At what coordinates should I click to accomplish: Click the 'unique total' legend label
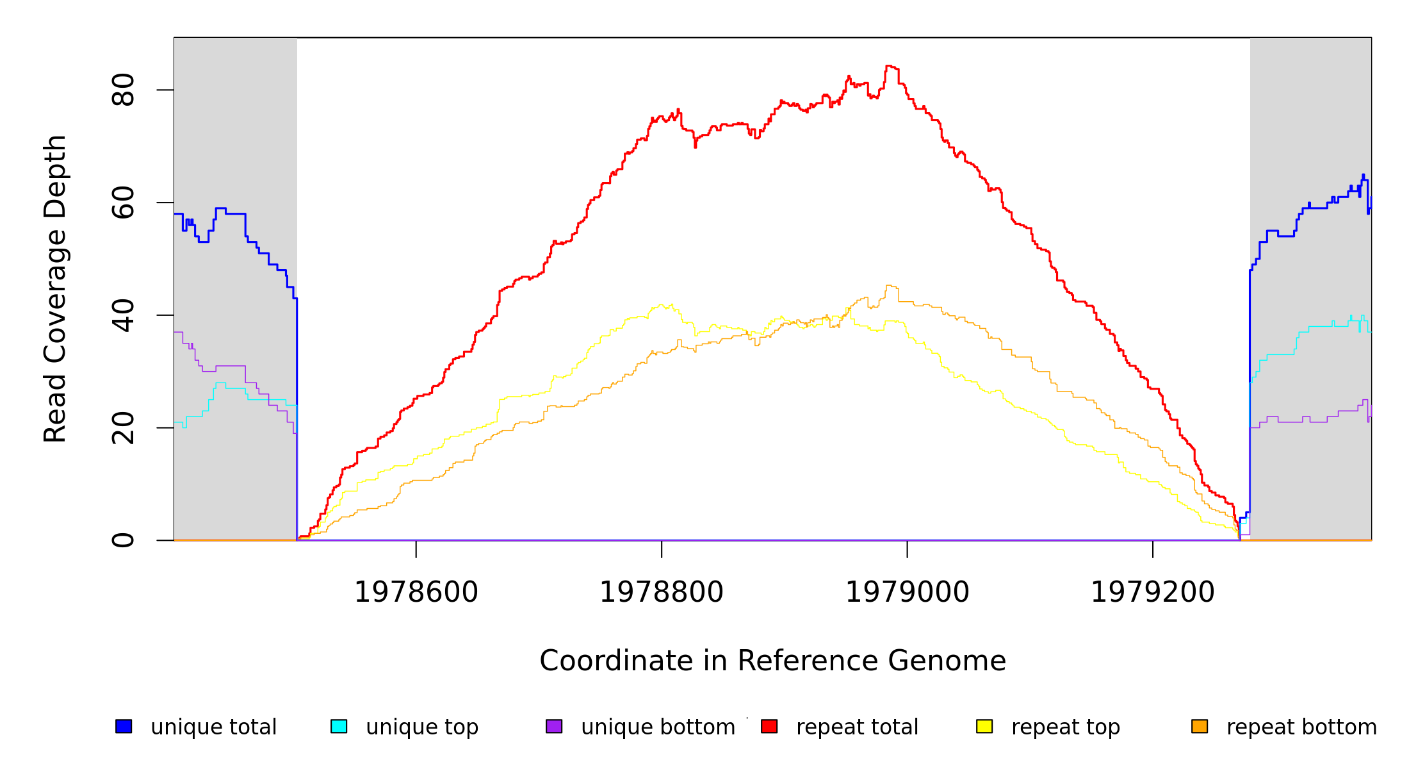[x=213, y=727]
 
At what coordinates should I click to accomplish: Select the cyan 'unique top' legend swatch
[x=339, y=727]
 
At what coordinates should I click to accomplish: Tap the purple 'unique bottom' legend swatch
[x=554, y=727]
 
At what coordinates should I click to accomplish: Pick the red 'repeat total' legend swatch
[x=769, y=727]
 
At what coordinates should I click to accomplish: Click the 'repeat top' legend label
[x=1066, y=727]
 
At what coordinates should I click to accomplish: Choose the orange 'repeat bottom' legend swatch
[x=1200, y=727]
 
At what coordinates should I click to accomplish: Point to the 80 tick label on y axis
[x=123, y=90]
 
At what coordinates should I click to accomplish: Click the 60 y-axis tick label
[x=123, y=203]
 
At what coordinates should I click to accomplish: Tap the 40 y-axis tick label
[x=123, y=315]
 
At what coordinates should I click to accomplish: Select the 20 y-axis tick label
[x=123, y=427]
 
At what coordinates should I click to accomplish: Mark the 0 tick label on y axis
[x=123, y=540]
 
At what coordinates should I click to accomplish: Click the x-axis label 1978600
[x=416, y=592]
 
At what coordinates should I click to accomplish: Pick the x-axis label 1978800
[x=662, y=592]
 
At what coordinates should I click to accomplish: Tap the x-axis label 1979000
[x=908, y=592]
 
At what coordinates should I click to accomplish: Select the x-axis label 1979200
[x=1153, y=592]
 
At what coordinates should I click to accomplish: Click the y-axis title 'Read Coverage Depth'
[x=55, y=288]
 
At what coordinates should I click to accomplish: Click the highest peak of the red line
[x=889, y=65]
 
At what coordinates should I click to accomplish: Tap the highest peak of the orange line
[x=889, y=285]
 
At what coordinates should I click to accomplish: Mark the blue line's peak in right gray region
[x=1364, y=174]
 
